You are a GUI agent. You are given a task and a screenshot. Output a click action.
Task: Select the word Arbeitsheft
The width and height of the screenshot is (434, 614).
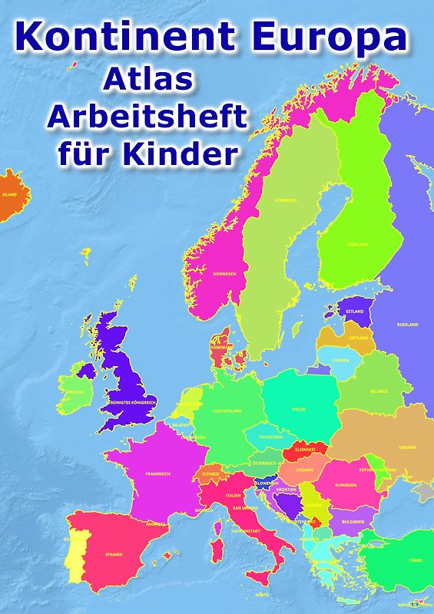[147, 117]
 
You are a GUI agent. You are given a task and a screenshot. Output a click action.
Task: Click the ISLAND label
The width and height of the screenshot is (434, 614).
[9, 195]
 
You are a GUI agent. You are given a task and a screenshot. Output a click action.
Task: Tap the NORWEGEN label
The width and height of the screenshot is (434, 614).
[224, 274]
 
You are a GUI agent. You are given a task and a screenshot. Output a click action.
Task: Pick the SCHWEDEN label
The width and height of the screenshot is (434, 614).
[286, 201]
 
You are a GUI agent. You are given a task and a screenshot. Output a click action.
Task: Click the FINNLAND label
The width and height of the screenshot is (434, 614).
[358, 245]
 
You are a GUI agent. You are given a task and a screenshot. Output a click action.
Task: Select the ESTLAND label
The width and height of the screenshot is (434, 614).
[355, 312]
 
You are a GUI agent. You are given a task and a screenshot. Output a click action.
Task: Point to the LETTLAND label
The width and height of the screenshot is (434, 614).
[359, 338]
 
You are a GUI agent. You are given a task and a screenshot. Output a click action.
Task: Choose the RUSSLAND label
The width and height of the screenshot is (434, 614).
[407, 325]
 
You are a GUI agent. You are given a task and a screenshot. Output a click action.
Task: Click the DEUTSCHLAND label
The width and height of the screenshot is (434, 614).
[227, 411]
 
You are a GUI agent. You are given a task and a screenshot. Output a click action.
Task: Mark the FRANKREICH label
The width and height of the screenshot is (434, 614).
[157, 474]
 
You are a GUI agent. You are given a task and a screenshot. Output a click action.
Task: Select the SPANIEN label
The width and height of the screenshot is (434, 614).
[114, 553]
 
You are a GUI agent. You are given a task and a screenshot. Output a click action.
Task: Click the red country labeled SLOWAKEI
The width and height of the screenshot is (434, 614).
[306, 450]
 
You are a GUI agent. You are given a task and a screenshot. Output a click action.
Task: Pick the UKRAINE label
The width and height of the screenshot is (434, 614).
[407, 447]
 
